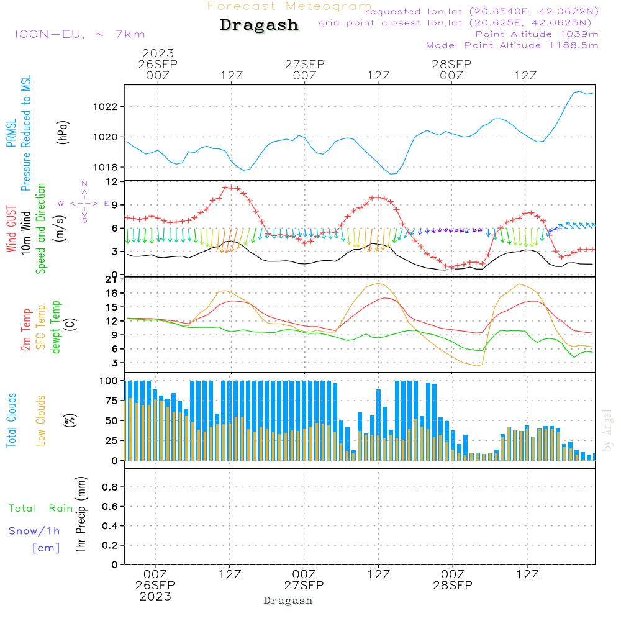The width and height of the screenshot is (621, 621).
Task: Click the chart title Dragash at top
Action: (x=259, y=25)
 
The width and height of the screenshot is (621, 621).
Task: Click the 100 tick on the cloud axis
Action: (x=109, y=381)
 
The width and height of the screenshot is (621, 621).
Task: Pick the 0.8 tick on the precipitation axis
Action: (x=110, y=487)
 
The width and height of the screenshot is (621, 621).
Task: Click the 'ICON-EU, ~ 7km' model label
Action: (x=79, y=35)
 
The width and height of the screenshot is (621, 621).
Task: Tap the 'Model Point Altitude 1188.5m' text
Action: (x=512, y=45)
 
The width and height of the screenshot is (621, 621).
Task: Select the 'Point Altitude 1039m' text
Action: (x=537, y=34)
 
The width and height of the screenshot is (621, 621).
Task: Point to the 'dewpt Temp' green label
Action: (x=56, y=327)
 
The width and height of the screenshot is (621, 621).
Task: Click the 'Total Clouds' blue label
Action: (x=11, y=420)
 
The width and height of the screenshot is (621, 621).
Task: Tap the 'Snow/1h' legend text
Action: (x=34, y=531)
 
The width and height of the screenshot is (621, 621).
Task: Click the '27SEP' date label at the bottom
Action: (x=304, y=586)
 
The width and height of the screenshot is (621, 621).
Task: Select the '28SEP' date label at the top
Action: (x=451, y=64)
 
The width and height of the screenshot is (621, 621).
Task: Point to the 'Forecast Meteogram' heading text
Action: (x=289, y=6)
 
